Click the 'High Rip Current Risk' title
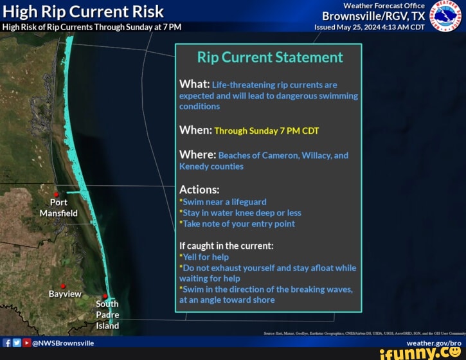(83, 12)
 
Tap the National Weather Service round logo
(445, 15)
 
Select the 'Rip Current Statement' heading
(270, 57)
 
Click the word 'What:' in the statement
(194, 84)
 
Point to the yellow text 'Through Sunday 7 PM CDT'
(267, 130)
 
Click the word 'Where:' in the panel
(197, 155)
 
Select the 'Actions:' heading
(199, 190)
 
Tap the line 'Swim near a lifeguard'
(224, 202)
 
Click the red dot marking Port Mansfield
(57, 194)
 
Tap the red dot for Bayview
(63, 285)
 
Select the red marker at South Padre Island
(105, 296)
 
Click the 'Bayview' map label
(65, 294)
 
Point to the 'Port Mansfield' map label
(58, 208)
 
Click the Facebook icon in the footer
(6, 343)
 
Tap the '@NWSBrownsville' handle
(63, 343)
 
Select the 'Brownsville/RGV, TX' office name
(373, 16)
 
